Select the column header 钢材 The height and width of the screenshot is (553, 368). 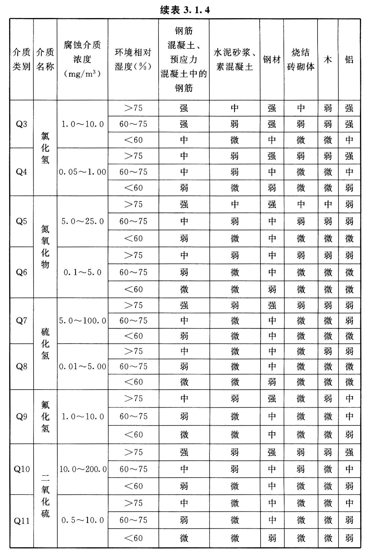272,60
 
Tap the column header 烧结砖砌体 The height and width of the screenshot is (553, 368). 300,60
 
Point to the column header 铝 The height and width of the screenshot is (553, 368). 349,60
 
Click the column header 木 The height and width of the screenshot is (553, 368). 328,60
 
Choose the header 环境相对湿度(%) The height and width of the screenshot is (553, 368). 133,60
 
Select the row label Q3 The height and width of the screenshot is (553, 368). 21,124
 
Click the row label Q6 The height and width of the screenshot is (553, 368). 21,272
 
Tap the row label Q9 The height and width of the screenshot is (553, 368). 21,417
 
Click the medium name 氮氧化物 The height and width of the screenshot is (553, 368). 45,247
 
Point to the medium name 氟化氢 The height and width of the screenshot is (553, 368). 45,417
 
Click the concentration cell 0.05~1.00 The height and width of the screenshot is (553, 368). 83,172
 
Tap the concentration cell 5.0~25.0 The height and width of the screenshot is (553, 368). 83,221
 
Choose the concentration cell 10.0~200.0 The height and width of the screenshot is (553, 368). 83,469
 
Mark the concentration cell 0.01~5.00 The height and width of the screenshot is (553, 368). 83,366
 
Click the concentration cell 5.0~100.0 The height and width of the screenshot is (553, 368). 83,321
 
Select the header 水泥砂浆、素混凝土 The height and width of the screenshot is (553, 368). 234,60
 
